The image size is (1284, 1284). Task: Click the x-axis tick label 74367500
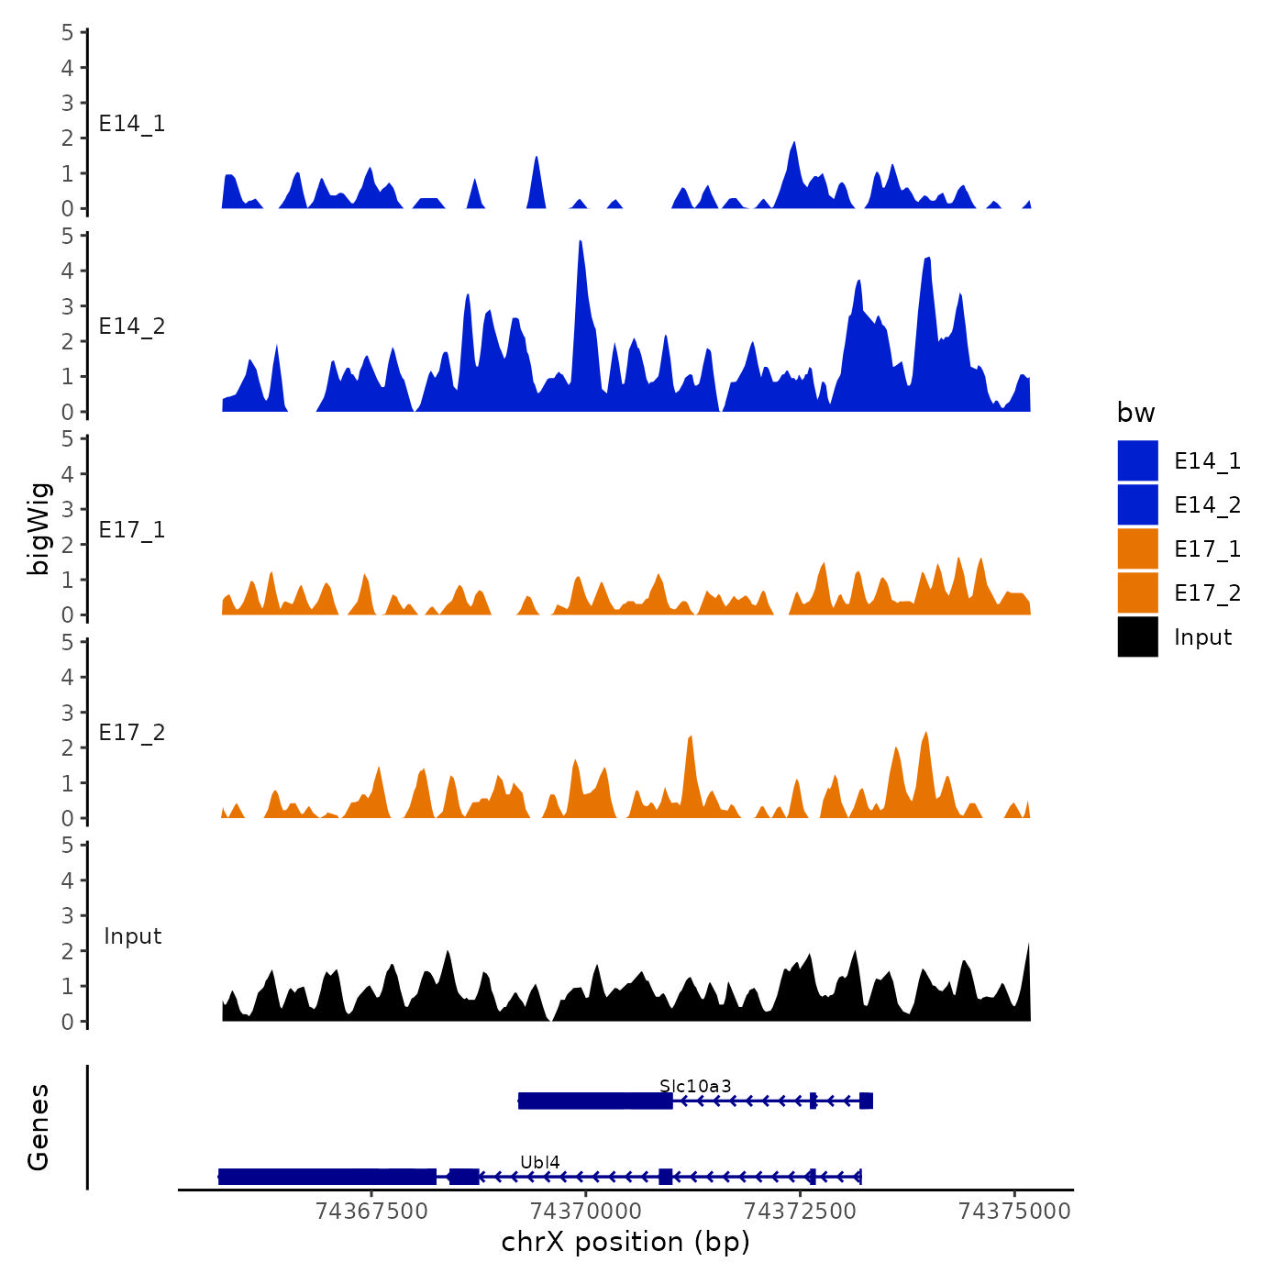coord(371,1212)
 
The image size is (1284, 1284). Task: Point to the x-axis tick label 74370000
coord(585,1212)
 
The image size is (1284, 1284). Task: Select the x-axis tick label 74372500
coord(800,1212)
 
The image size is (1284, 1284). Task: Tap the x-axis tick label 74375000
coord(1014,1212)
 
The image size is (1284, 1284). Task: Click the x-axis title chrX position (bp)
coord(625,1243)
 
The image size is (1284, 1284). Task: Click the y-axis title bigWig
coord(39,529)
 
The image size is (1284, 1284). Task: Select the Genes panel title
coord(39,1127)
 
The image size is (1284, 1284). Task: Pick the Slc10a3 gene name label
coord(695,1087)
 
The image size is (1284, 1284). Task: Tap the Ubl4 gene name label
coord(539,1163)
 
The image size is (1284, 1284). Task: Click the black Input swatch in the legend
coord(1137,636)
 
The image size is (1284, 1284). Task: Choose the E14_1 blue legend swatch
coord(1137,460)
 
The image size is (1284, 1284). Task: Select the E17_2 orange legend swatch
coord(1137,592)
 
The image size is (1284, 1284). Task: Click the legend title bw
coord(1135,413)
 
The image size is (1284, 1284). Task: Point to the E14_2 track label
coord(132,327)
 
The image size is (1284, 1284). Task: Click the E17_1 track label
coord(132,530)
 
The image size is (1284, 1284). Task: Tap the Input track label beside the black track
coord(132,936)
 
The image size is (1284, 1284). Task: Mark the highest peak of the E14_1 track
coord(794,145)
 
